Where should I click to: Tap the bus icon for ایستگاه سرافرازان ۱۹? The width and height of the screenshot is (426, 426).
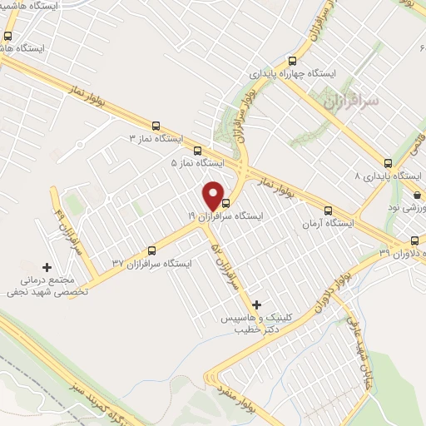tap(224, 200)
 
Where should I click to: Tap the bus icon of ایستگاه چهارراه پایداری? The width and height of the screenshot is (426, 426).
tap(292, 60)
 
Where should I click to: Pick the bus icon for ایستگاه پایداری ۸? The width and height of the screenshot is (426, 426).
tap(388, 163)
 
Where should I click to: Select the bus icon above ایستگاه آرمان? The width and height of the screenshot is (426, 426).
tap(327, 211)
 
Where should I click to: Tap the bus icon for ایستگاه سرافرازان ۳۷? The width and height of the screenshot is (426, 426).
tap(151, 250)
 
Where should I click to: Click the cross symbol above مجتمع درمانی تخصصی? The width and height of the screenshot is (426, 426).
tap(47, 267)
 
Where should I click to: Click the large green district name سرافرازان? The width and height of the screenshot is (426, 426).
tap(350, 100)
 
